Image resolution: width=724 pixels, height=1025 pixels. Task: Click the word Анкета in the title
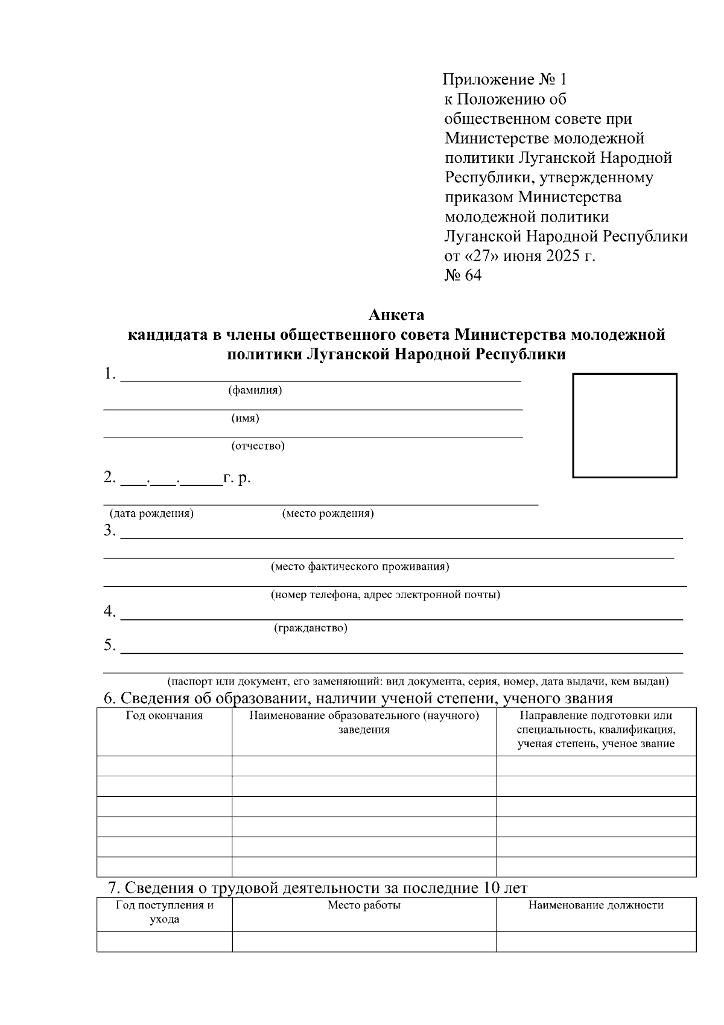tap(396, 315)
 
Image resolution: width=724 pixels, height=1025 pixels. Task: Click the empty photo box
tap(624, 426)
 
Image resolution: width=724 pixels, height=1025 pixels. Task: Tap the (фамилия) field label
tap(255, 390)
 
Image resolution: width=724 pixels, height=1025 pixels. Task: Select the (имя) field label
tap(245, 418)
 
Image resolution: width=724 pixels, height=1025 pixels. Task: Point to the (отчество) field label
tap(258, 446)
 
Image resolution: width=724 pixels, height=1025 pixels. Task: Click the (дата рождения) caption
tap(151, 514)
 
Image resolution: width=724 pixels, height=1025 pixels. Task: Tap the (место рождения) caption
tap(328, 514)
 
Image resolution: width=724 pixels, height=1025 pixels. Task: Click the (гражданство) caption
tap(311, 628)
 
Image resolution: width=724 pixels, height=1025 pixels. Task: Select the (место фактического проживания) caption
tap(360, 567)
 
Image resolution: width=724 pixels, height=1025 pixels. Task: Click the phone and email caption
tap(385, 595)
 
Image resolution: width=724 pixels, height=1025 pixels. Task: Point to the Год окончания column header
tap(164, 716)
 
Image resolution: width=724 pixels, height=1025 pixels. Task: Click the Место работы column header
tap(364, 905)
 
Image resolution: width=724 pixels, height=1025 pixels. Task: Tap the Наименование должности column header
tap(595, 905)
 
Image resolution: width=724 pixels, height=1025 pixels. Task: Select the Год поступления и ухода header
tap(164, 913)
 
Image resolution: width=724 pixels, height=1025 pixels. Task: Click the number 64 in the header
tap(472, 276)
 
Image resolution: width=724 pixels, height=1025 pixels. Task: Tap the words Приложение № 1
tap(504, 79)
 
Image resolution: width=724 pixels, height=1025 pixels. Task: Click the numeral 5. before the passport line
tap(109, 645)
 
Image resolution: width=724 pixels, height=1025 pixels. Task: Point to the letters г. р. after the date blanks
tap(237, 478)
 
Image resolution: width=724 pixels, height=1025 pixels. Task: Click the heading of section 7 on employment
tap(317, 888)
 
